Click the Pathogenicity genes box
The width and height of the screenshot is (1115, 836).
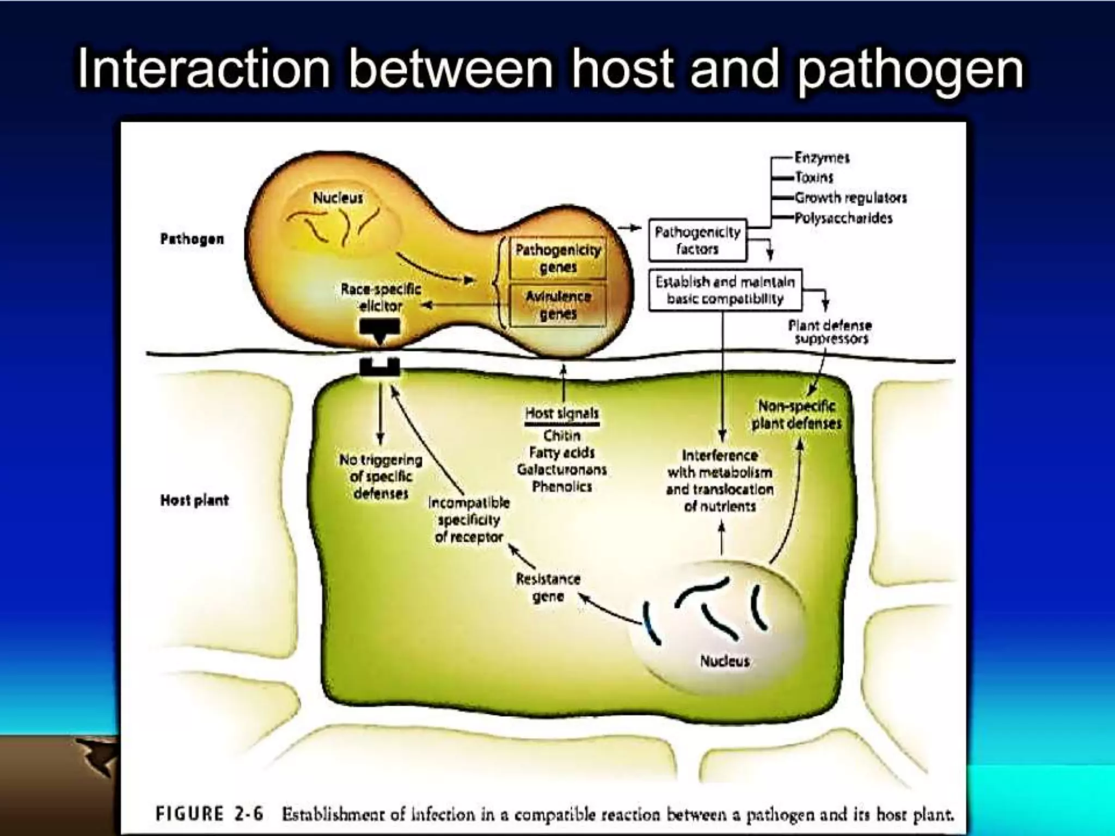pos(558,259)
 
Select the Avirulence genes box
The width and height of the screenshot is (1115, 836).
pos(558,305)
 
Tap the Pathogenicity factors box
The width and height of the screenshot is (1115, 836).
pos(697,241)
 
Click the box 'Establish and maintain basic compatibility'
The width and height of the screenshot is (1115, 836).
pos(725,290)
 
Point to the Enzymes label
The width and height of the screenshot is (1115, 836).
pos(822,158)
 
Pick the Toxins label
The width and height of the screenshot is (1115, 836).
pos(814,177)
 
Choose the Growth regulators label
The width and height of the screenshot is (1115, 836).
pos(850,198)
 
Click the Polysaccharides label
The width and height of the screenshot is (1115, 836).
pos(843,218)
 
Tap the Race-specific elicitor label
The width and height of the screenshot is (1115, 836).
pos(381,297)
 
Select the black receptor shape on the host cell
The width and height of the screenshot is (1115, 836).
pos(380,368)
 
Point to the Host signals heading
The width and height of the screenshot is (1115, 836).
pos(561,414)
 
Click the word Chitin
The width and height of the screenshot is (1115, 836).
pos(561,435)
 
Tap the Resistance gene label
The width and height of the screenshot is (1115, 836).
pos(548,587)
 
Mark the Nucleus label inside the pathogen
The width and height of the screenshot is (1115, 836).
pos(338,198)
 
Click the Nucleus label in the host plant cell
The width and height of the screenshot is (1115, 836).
pos(725,661)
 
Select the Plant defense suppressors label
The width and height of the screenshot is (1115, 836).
pos(830,332)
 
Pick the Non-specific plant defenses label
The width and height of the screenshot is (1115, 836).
pos(797,414)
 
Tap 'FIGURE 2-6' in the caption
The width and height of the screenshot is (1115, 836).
pos(209,814)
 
